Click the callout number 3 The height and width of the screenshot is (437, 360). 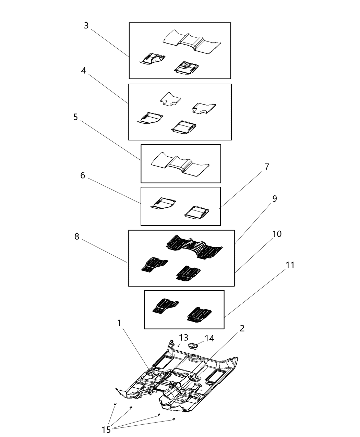point(86,26)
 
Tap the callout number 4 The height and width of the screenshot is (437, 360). point(84,71)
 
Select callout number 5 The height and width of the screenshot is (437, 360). point(75,117)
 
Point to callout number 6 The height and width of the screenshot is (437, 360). point(82,175)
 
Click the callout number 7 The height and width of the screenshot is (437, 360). point(266,167)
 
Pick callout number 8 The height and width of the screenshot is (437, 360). point(77,236)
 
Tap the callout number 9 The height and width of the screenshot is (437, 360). point(274,199)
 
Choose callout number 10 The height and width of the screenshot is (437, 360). point(277,234)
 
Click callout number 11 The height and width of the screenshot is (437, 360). point(290,265)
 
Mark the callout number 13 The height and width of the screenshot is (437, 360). point(183,338)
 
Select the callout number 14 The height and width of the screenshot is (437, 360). point(209,338)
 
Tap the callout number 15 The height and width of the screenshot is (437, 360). point(106,429)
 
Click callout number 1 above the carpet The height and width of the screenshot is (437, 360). point(119,323)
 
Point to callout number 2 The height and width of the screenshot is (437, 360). point(242,328)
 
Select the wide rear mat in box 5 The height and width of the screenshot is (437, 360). point(181,165)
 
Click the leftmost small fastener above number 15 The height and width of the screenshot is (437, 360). point(115,405)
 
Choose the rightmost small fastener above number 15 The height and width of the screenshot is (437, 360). point(174,419)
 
